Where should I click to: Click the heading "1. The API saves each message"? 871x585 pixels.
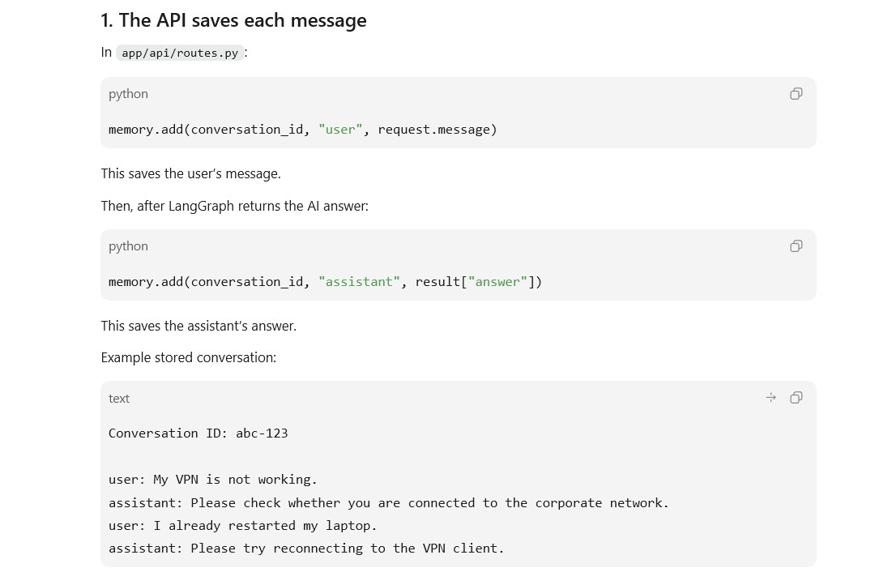coord(233,20)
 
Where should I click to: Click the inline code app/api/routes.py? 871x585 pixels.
coord(180,53)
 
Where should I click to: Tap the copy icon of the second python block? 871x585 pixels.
coord(796,246)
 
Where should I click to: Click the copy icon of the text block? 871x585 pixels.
coord(796,398)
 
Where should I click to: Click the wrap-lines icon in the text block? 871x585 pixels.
coord(771,398)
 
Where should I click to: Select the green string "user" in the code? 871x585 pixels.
coord(340,130)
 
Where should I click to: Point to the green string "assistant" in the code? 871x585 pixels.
coord(360,282)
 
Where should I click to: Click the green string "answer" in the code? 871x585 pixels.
coord(497,282)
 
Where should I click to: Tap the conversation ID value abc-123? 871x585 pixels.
coord(263,433)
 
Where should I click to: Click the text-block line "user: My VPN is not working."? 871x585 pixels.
coord(213,480)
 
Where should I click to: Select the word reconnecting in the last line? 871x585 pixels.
coord(318,549)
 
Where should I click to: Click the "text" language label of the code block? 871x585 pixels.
coord(119,399)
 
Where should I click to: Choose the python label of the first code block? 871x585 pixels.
coord(128,94)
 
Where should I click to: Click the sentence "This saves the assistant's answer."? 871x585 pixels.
coord(199,326)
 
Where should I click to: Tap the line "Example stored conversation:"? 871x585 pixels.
coord(189,357)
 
